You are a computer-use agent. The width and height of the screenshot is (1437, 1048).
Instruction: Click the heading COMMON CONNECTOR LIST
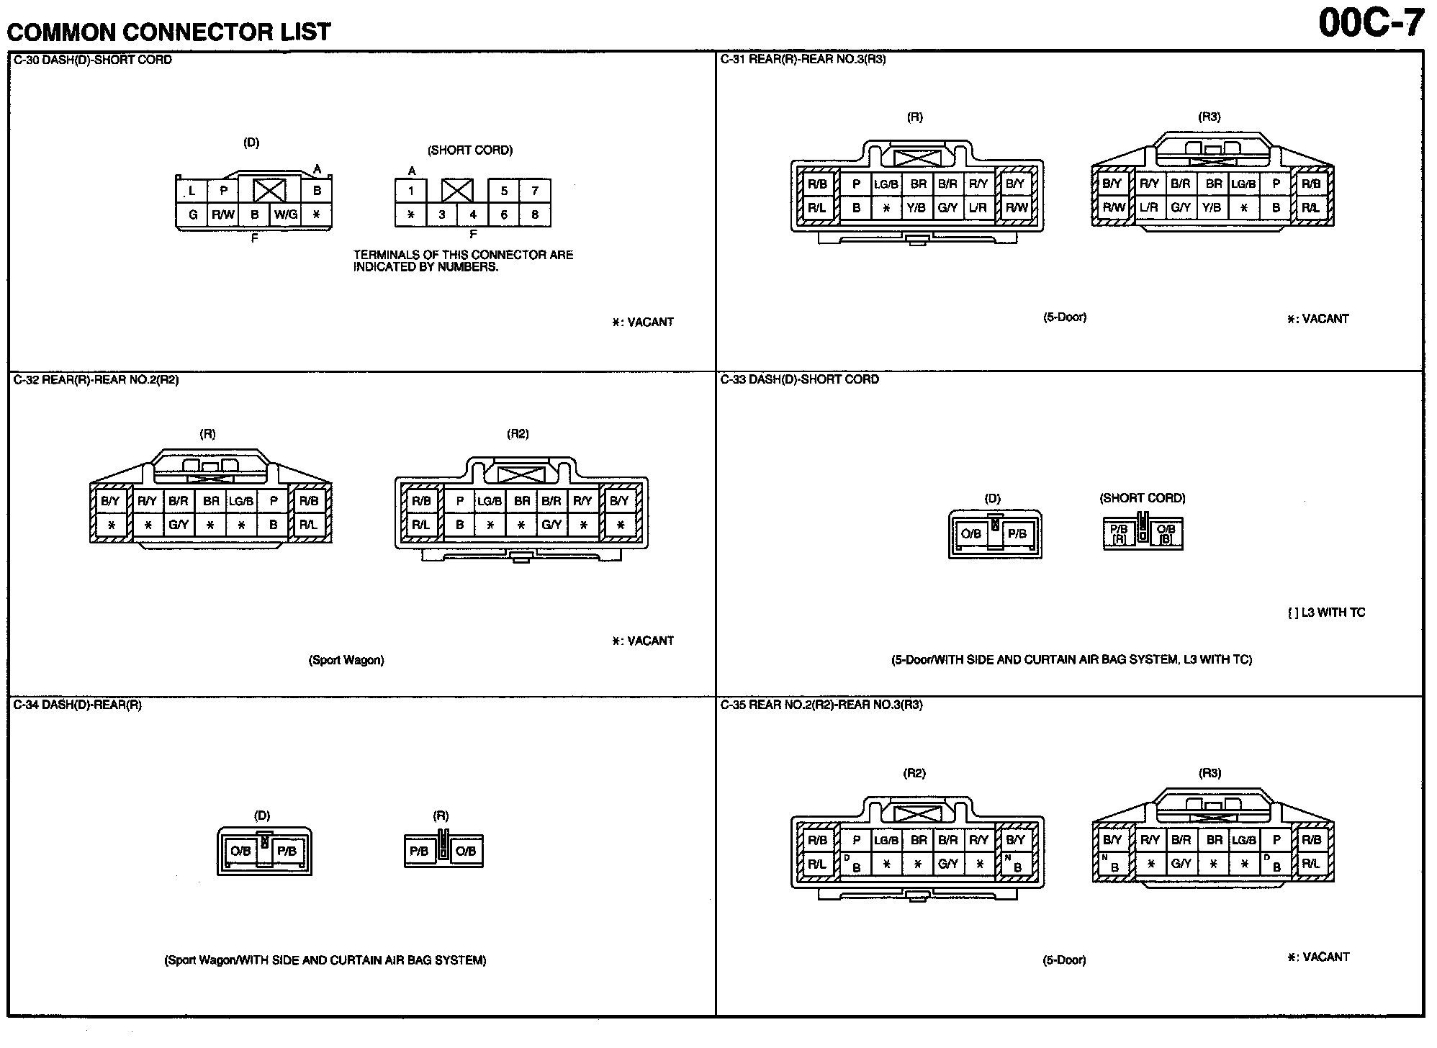(168, 32)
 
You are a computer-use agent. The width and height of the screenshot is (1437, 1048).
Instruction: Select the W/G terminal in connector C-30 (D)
(286, 214)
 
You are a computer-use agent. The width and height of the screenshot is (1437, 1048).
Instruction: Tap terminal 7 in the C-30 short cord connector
(535, 191)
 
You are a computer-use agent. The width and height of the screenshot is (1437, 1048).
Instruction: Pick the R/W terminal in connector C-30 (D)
(223, 214)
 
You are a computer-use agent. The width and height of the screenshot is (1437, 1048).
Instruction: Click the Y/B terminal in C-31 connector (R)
(916, 208)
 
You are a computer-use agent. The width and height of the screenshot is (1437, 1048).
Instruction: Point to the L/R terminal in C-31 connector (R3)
(1149, 207)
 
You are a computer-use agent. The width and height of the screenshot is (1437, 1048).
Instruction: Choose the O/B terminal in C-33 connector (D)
(971, 534)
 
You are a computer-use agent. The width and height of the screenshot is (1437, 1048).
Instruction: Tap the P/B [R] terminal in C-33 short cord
(1119, 534)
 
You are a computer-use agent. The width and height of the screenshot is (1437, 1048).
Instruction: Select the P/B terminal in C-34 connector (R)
(419, 851)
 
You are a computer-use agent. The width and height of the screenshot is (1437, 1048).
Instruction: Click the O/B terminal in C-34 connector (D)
(240, 851)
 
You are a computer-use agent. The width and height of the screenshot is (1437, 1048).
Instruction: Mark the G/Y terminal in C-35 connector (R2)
(947, 864)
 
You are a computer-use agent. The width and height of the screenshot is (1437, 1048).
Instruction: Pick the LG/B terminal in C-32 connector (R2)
(490, 501)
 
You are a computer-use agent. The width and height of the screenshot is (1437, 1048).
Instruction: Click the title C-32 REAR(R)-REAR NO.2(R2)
(96, 380)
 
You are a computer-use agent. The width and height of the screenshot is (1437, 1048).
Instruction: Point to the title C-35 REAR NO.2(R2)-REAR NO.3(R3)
(821, 705)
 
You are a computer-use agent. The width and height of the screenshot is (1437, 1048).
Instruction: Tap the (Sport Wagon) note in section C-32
(346, 660)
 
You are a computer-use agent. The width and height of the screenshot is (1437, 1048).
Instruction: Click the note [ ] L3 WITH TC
(1326, 613)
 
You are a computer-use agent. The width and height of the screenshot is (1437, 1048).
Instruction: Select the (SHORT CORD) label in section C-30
(470, 150)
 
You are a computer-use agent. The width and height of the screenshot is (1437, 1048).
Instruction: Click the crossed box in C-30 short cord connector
(457, 191)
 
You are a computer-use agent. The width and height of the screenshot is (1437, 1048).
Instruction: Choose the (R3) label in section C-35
(1209, 773)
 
